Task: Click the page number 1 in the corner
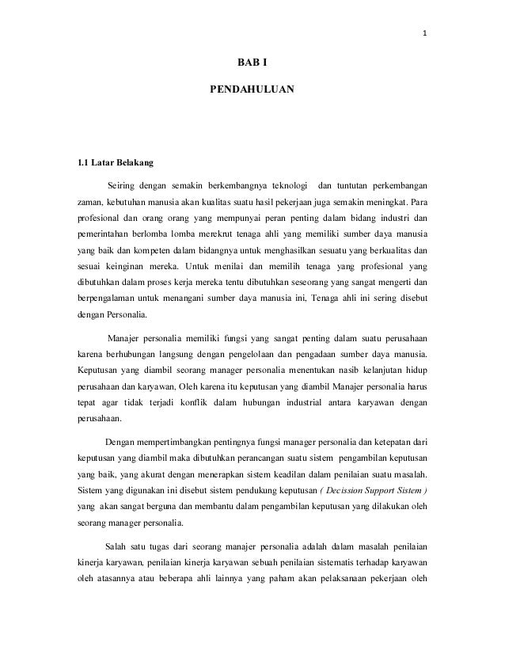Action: pyautogui.click(x=425, y=33)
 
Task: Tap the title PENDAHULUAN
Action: pyautogui.click(x=252, y=92)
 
